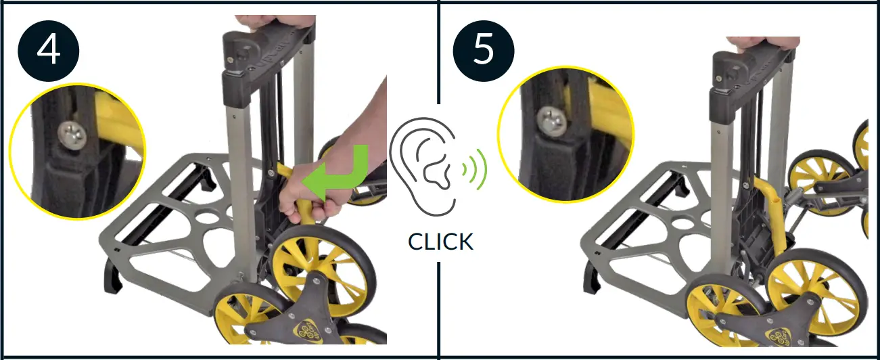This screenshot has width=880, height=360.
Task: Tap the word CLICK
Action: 440,241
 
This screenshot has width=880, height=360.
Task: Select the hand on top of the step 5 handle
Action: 764,43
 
